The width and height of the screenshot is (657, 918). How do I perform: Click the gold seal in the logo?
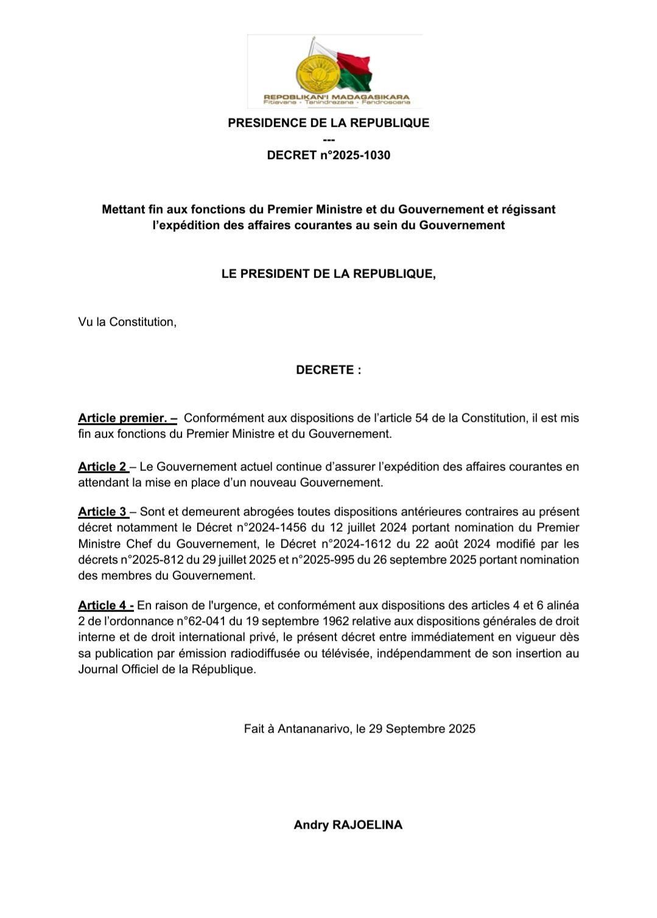click(315, 74)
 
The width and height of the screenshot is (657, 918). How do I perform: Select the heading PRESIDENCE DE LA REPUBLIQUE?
click(328, 123)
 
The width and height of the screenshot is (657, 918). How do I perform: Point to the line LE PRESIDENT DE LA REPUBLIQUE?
click(328, 274)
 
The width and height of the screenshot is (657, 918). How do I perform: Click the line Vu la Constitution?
click(127, 322)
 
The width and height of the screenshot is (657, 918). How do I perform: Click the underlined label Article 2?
click(102, 467)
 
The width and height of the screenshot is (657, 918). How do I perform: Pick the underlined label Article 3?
click(102, 512)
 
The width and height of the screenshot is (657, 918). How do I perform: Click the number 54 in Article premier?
click(421, 418)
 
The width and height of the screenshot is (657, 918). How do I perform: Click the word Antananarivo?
click(314, 729)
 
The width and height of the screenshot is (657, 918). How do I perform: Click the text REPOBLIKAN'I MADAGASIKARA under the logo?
click(336, 97)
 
